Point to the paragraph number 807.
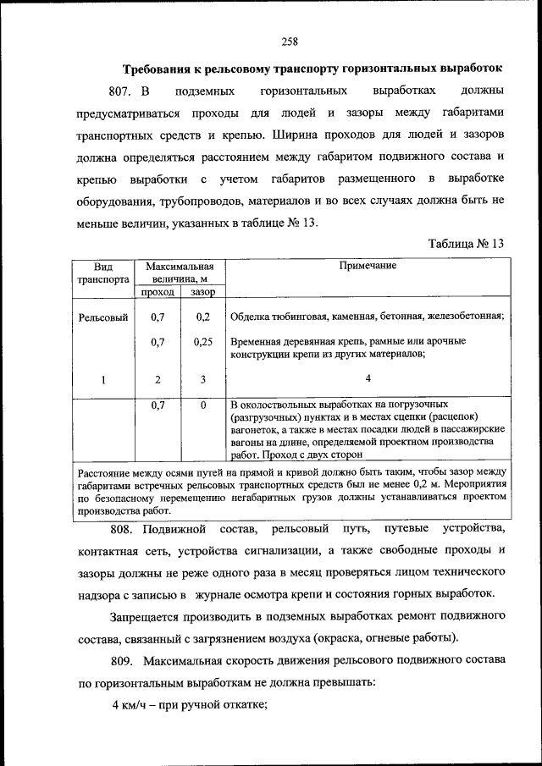pos(122,90)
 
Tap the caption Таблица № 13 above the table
pos(466,243)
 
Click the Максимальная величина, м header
pos(179,271)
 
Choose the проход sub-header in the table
pos(157,292)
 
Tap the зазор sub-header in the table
pos(202,292)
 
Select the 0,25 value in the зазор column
pos(202,342)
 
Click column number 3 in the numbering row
pos(203,379)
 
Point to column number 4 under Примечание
pos(368,378)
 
